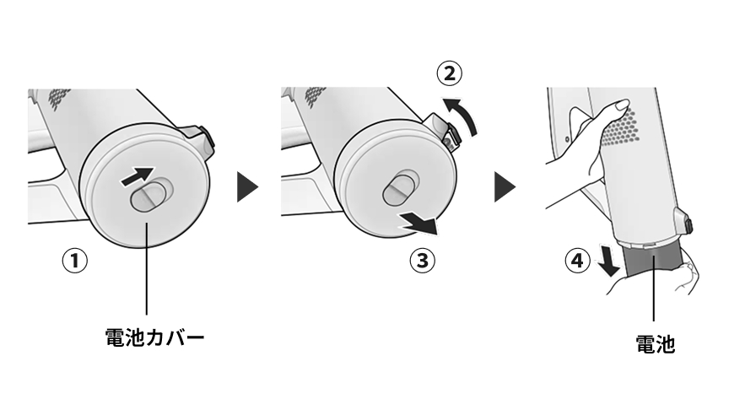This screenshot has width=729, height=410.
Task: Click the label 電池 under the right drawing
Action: click(654, 344)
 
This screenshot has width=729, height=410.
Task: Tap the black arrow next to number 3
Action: click(419, 224)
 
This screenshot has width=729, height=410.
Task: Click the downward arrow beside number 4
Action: click(607, 261)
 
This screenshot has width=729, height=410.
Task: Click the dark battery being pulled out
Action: click(653, 262)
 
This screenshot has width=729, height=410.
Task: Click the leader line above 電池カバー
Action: click(148, 270)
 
